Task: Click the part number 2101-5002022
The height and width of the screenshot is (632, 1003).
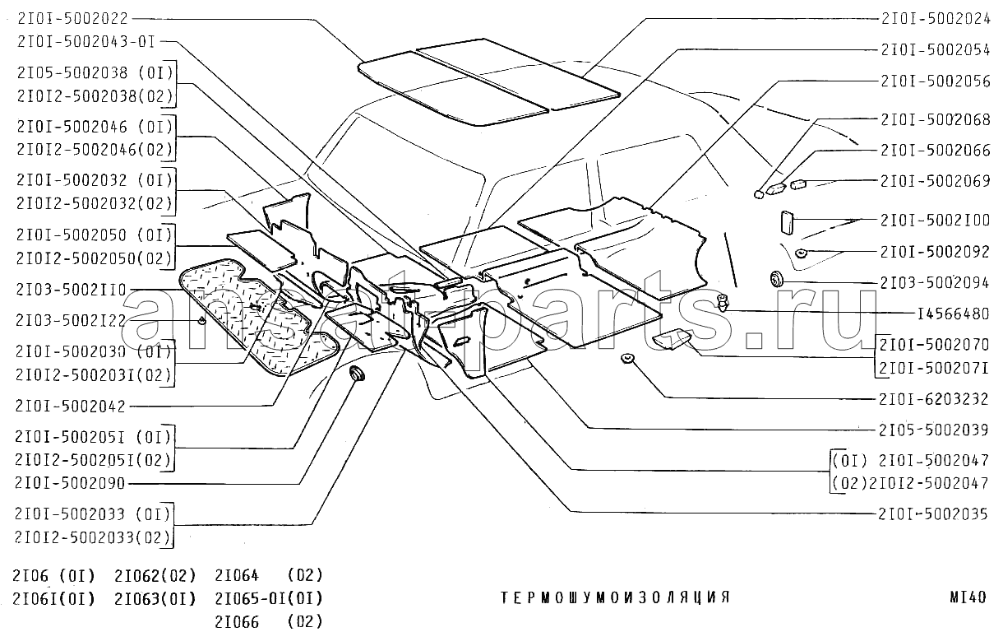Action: pos(73,19)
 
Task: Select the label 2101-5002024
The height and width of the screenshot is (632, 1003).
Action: pos(936,18)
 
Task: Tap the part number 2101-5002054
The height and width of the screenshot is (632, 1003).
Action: pos(936,49)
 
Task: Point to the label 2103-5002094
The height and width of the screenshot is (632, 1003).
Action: pos(935,283)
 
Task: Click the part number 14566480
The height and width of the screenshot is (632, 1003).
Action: pos(954,314)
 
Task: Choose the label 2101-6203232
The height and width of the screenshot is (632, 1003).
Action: pos(934,399)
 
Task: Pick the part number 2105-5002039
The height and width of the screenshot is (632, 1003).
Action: pos(934,430)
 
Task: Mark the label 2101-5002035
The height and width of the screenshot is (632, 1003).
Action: pos(933,513)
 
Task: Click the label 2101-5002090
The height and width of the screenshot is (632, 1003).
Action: pos(70,483)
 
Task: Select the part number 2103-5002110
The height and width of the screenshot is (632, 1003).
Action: pos(72,290)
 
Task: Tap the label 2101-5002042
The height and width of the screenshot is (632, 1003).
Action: pos(71,406)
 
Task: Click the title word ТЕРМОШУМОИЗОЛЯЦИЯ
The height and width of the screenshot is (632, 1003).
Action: pos(615,597)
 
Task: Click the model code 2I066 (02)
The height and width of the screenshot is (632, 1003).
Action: pos(269,621)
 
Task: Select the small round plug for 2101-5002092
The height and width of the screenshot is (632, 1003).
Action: pos(801,253)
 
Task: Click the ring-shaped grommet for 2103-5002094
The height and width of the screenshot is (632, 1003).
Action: pos(776,279)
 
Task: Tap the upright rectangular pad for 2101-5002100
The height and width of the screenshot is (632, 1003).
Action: pos(787,222)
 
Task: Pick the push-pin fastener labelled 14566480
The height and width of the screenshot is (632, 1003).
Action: pos(723,303)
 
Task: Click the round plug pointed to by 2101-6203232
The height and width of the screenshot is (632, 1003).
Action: pos(628,358)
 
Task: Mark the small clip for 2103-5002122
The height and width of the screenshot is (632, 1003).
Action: pos(202,320)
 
